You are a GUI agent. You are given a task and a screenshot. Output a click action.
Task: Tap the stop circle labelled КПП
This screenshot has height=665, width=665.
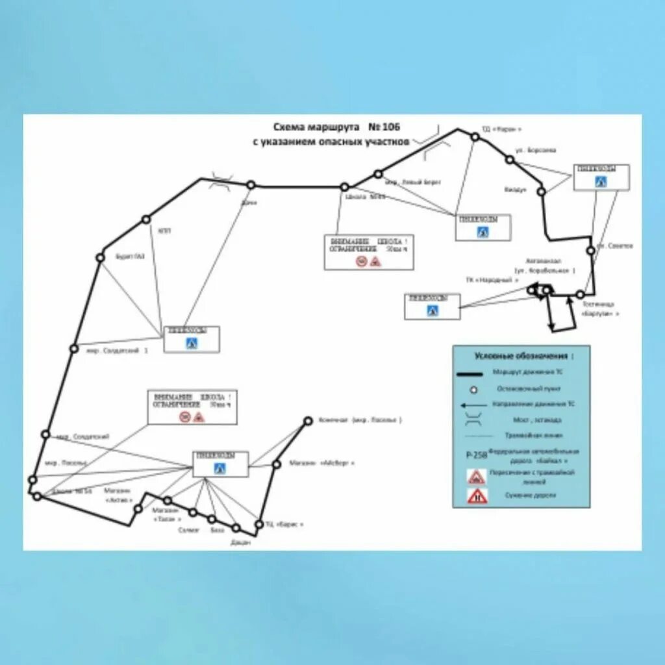coord(146,219)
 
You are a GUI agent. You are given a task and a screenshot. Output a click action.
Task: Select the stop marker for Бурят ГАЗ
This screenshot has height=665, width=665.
coord(100,257)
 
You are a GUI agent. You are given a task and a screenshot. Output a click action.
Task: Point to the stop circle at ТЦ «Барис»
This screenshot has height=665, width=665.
coord(259,524)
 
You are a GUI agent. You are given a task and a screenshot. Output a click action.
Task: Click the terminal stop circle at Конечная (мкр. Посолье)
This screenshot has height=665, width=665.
coord(308,421)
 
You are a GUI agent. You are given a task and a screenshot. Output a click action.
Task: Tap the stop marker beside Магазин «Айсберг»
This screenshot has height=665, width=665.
coord(276,464)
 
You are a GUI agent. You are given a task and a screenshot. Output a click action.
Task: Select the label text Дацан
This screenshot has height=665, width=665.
coord(240,542)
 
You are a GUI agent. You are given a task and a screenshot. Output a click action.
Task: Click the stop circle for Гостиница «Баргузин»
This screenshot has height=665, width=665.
coord(580,294)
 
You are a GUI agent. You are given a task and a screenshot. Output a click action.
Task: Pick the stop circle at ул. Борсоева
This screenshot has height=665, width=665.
coord(508,158)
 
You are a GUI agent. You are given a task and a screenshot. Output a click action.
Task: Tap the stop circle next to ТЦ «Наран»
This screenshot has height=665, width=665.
coord(475,137)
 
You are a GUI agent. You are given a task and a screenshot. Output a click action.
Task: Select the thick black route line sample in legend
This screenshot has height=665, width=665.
coord(472,373)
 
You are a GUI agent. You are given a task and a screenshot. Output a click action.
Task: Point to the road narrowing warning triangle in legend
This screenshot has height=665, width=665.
coord(477,497)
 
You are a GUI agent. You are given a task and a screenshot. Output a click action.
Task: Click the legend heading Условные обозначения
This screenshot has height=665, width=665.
coord(523,356)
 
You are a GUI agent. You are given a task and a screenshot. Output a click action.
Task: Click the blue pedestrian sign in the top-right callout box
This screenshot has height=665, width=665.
coord(601,182)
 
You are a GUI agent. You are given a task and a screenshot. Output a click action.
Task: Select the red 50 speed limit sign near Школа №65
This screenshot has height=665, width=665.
coord(361,261)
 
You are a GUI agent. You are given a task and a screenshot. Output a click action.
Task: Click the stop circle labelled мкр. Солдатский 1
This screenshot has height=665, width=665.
coord(74,348)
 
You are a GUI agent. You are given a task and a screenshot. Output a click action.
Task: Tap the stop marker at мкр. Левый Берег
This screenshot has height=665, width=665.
coord(378,173)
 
